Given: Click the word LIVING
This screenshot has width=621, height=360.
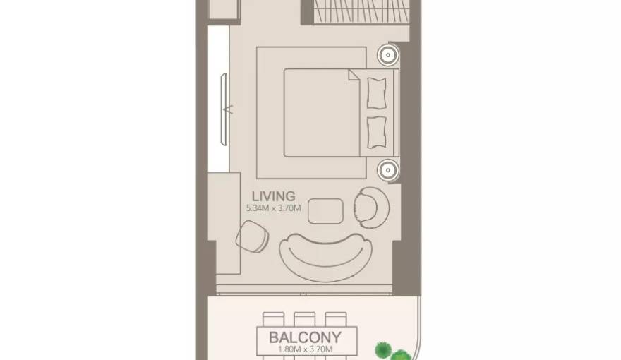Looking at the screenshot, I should pos(270,196).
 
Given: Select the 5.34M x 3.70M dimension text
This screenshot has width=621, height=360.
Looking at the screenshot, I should pos(273,208).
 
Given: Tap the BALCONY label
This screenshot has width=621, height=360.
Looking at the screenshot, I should pos(305,337).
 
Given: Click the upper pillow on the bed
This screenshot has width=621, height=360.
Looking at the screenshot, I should pos(377,89).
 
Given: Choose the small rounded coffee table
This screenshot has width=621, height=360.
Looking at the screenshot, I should pos(326,210).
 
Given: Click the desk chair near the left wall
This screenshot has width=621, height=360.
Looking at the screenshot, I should pos(252,235).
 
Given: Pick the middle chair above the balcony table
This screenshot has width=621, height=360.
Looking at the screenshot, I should pos(305,319).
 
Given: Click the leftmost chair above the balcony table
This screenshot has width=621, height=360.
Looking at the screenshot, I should pos(273,319).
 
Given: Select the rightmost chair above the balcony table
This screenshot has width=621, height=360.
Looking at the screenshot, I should pos(337,319).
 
